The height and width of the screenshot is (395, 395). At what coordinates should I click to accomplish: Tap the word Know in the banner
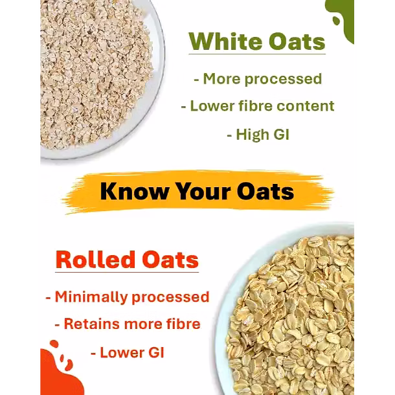pyautogui.click(x=134, y=192)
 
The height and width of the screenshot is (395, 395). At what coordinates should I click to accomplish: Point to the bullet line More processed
pyautogui.click(x=258, y=80)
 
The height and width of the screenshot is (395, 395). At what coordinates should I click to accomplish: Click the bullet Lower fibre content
pyautogui.click(x=258, y=106)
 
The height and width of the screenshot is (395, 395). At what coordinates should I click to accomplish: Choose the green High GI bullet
pyautogui.click(x=258, y=135)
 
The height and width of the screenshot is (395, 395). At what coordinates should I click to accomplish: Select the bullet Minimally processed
pyautogui.click(x=128, y=297)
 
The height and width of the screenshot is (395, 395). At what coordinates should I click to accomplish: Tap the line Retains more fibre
pyautogui.click(x=128, y=324)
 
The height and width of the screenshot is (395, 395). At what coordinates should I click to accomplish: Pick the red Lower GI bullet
pyautogui.click(x=128, y=352)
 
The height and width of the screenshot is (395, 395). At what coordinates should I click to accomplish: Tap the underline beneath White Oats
pyautogui.click(x=257, y=54)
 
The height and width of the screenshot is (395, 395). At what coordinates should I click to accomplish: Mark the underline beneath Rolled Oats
pyautogui.click(x=127, y=272)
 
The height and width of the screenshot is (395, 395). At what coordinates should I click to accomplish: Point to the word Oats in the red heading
pyautogui.click(x=170, y=260)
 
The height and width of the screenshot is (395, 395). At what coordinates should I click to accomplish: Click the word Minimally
pyautogui.click(x=91, y=297)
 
